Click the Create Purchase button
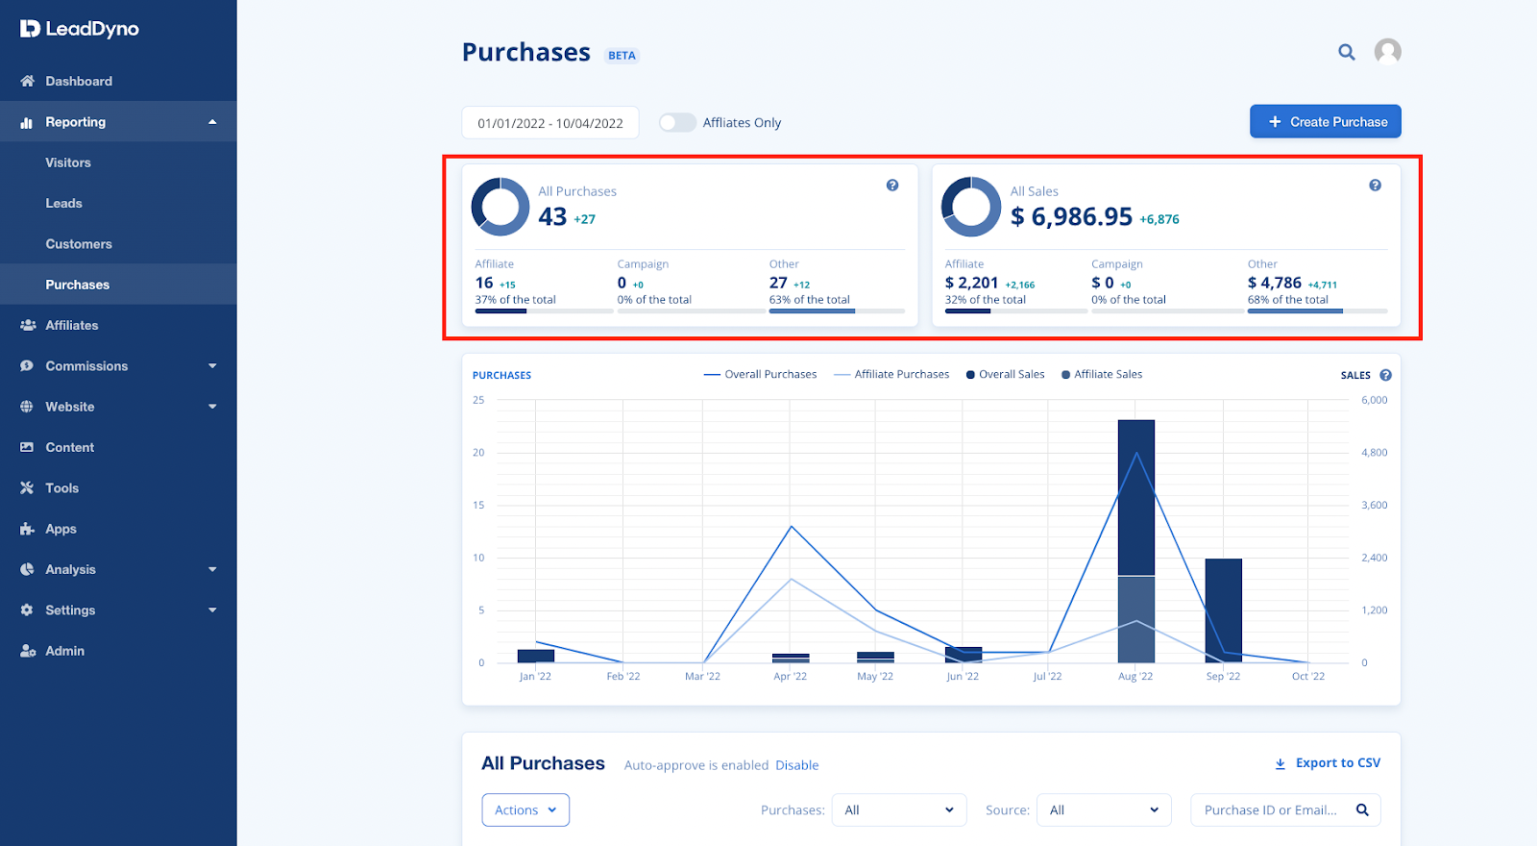(x=1325, y=122)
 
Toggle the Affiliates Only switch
(x=677, y=122)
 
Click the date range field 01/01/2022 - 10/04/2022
(x=550, y=123)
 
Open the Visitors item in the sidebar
(x=68, y=162)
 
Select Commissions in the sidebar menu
(x=86, y=366)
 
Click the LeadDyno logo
(x=80, y=29)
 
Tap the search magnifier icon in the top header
(x=1347, y=52)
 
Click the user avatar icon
(x=1387, y=51)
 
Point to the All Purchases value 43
(x=552, y=217)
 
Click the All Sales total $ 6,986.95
(x=1071, y=217)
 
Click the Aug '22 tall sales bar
(x=1135, y=500)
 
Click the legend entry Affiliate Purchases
(x=901, y=375)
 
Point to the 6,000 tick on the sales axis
(x=1374, y=400)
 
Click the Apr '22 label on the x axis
(x=790, y=677)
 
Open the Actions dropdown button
(x=525, y=810)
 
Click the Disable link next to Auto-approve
(x=796, y=765)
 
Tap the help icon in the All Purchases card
(x=892, y=186)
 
